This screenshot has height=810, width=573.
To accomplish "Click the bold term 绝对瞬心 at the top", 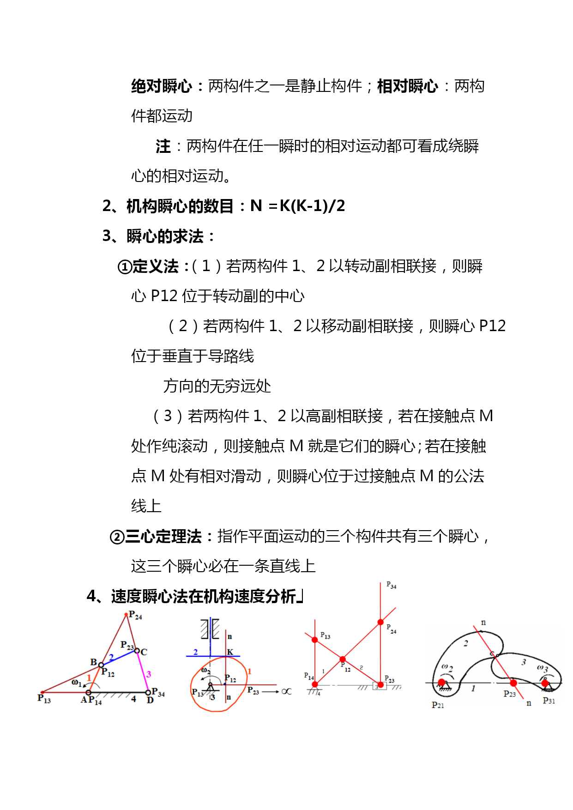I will tap(161, 86).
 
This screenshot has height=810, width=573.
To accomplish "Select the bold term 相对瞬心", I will tap(407, 86).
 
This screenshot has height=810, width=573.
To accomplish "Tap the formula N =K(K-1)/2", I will tap(298, 206).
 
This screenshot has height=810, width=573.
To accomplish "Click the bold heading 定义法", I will tap(155, 266).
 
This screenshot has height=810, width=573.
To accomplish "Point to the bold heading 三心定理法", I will tap(163, 537).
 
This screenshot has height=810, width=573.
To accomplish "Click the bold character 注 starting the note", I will tap(163, 146).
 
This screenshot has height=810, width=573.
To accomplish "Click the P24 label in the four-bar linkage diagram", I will tap(135, 615).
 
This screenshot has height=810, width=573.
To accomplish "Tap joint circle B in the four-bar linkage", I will tap(101, 665).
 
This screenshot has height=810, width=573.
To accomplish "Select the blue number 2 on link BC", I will tap(111, 658).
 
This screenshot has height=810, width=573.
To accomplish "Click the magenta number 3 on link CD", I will tap(149, 674).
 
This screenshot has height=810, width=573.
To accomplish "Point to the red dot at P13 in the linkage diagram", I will tap(42, 692).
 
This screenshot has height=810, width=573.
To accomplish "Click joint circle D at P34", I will tap(148, 692).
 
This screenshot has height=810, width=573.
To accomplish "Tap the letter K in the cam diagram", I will tap(230, 652).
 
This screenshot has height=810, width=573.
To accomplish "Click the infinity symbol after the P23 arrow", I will tap(287, 691).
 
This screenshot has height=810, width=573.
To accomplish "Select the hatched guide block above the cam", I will tap(210, 629).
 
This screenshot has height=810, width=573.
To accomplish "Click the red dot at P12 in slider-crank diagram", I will tap(343, 659).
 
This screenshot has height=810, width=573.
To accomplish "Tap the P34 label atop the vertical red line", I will tap(391, 586).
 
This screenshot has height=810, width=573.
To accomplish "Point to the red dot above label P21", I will tap(442, 683).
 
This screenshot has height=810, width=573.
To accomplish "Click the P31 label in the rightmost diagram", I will tap(549, 701).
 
